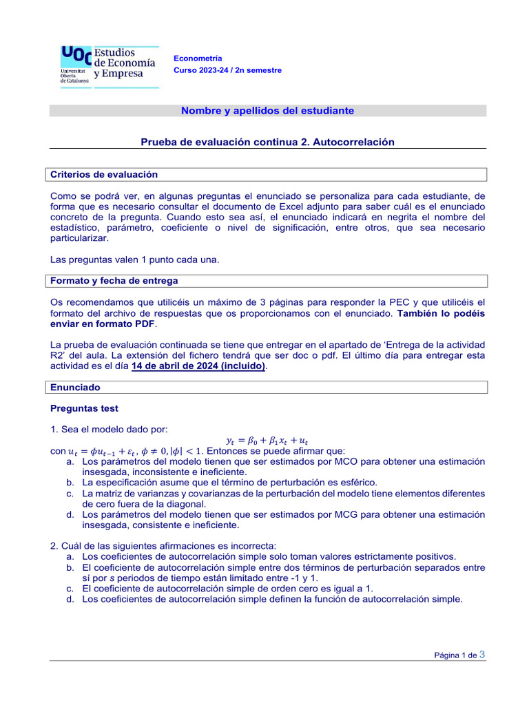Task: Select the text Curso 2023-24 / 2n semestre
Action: click(227, 70)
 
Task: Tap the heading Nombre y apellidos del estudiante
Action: click(267, 110)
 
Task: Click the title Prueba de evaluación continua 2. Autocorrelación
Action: click(267, 142)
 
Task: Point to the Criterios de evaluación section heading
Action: click(104, 174)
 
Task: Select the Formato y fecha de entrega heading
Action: click(114, 280)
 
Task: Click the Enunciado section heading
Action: click(76, 388)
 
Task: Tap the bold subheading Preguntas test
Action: click(84, 408)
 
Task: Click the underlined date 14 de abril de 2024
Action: click(197, 366)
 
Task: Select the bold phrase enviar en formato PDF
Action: click(103, 324)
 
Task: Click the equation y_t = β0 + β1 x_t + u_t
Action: click(267, 440)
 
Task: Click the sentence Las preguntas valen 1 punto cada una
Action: click(135, 260)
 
